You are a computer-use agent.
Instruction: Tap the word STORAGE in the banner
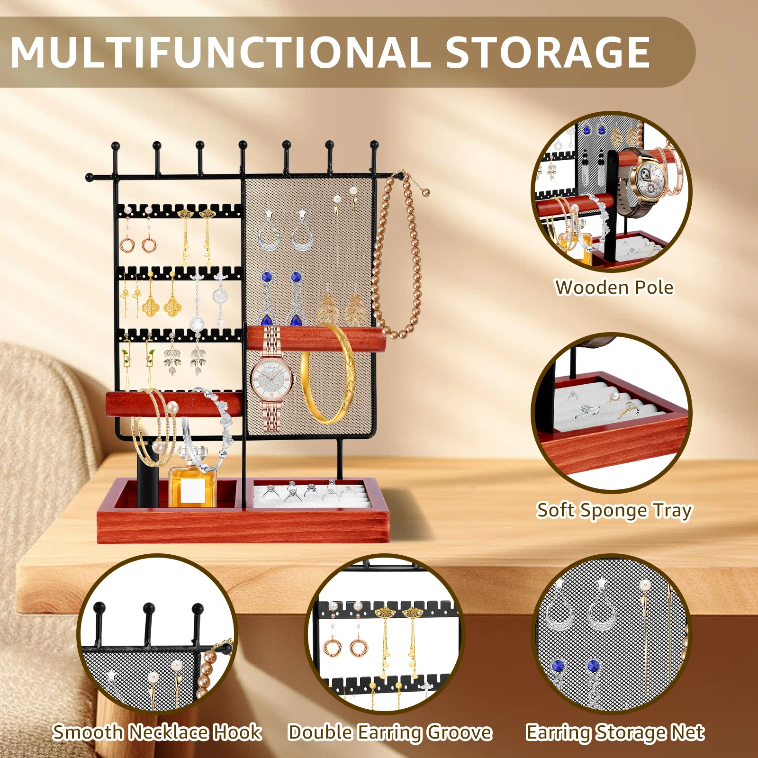coord(547,52)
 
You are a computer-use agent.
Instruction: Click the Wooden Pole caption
coord(614,288)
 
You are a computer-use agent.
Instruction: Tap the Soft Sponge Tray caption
coord(614,511)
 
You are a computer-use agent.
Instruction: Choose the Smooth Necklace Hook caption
coord(157,732)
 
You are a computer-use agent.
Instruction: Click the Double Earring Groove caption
coord(390,733)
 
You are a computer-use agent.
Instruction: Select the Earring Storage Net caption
coord(615,733)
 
